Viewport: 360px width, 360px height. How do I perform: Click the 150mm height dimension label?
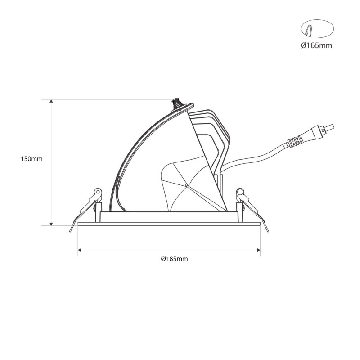point(31,159)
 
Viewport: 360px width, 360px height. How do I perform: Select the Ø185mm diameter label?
point(175,259)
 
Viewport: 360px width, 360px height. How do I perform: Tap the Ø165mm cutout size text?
point(317,46)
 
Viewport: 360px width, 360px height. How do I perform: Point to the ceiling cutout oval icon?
point(317,29)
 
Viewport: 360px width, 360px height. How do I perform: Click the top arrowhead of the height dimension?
point(51,102)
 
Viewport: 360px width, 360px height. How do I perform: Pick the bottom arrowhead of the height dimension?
point(51,224)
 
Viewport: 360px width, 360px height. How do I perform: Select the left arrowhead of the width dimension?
point(80,250)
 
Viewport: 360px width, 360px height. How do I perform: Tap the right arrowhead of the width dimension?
point(258,250)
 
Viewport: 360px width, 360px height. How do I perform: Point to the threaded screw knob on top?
point(177,104)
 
